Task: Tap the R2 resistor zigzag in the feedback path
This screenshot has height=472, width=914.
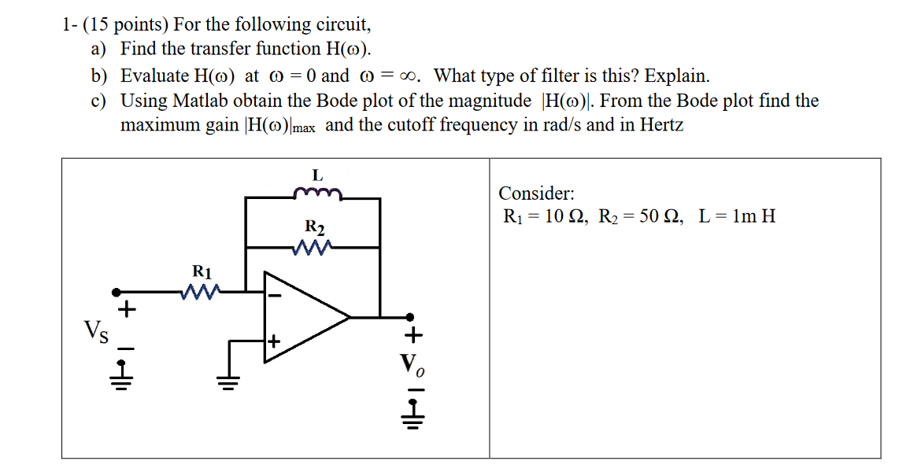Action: coord(314,249)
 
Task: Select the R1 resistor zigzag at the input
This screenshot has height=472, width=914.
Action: coord(202,293)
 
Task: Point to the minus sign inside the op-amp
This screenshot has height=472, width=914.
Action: coord(276,297)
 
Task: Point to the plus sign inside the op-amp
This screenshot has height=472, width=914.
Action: coord(274,341)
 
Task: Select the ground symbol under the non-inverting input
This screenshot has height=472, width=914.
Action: coord(230,382)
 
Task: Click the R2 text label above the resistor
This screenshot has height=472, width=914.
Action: coord(314,229)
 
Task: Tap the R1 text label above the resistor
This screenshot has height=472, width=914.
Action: coord(202,272)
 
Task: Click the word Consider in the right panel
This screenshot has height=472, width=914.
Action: coord(536,194)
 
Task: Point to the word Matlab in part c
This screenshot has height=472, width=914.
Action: coord(200,101)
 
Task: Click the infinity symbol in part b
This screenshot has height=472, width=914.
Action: coord(407,76)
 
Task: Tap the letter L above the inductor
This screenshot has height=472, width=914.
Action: coord(316,174)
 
